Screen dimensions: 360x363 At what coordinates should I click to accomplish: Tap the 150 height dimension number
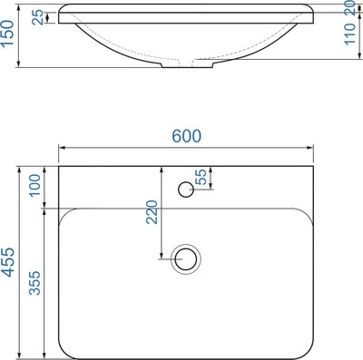click(9, 38)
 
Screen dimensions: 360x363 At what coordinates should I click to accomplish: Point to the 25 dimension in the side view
click(37, 16)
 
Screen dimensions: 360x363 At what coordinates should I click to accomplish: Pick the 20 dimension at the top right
click(350, 10)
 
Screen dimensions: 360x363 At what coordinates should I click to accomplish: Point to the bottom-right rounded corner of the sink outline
click(307, 348)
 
